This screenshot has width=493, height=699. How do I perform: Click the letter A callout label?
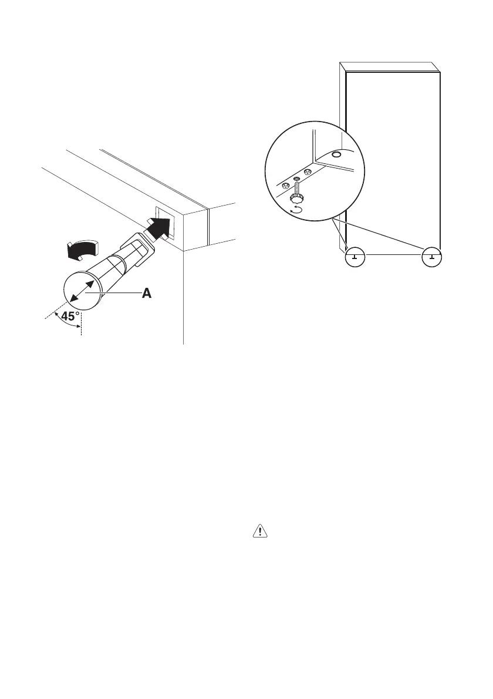pyautogui.click(x=146, y=294)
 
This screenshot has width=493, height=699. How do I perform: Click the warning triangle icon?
pyautogui.click(x=259, y=532)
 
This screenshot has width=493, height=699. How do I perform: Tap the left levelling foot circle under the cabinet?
pyautogui.click(x=354, y=256)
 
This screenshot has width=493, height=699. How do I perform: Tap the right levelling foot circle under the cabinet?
pyautogui.click(x=432, y=256)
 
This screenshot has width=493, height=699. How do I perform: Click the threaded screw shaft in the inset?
pyautogui.click(x=297, y=190)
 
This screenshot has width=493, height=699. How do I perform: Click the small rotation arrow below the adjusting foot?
pyautogui.click(x=296, y=210)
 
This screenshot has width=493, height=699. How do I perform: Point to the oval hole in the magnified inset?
pyautogui.click(x=336, y=154)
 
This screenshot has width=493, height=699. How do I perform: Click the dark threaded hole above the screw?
pyautogui.click(x=297, y=178)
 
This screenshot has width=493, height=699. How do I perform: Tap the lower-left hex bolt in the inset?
pyautogui.click(x=286, y=186)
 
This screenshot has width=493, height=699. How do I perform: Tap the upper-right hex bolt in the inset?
pyautogui.click(x=307, y=172)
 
